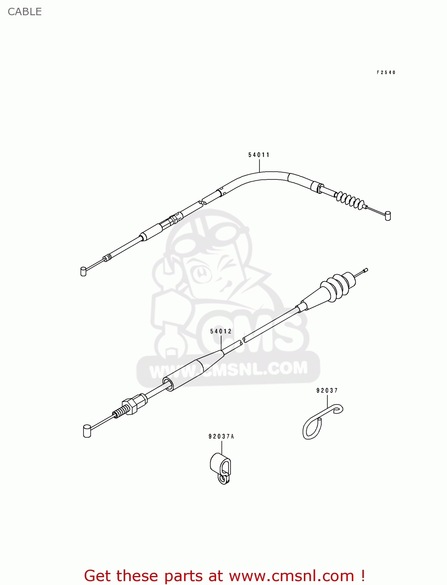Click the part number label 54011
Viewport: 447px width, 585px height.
pyautogui.click(x=259, y=155)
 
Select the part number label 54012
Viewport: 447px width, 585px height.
pyautogui.click(x=221, y=331)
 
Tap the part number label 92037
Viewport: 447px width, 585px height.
pyautogui.click(x=327, y=390)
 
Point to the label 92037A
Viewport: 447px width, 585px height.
pyautogui.click(x=221, y=436)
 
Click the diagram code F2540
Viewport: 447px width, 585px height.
pyautogui.click(x=386, y=73)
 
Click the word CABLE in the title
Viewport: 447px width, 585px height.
pyautogui.click(x=25, y=12)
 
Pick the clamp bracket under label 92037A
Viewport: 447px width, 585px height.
pyautogui.click(x=221, y=468)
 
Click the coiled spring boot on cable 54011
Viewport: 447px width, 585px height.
pyautogui.click(x=350, y=200)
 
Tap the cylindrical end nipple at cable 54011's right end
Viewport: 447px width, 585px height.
pyautogui.click(x=388, y=216)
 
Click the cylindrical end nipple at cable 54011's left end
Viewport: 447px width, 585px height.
pyautogui.click(x=83, y=271)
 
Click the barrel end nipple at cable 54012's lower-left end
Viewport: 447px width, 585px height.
pyautogui.click(x=87, y=431)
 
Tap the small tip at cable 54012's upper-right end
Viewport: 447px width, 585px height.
pyautogui.click(x=365, y=270)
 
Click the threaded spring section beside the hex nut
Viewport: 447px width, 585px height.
pyautogui.click(x=121, y=411)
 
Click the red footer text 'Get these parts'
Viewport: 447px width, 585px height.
pyautogui.click(x=154, y=576)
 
